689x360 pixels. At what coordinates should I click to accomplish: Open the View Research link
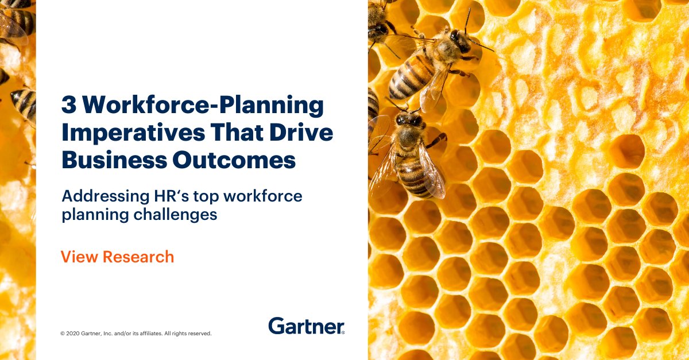[x=117, y=257]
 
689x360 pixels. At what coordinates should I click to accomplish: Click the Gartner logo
[x=306, y=326]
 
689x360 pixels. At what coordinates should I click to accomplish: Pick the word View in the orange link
[x=79, y=257]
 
